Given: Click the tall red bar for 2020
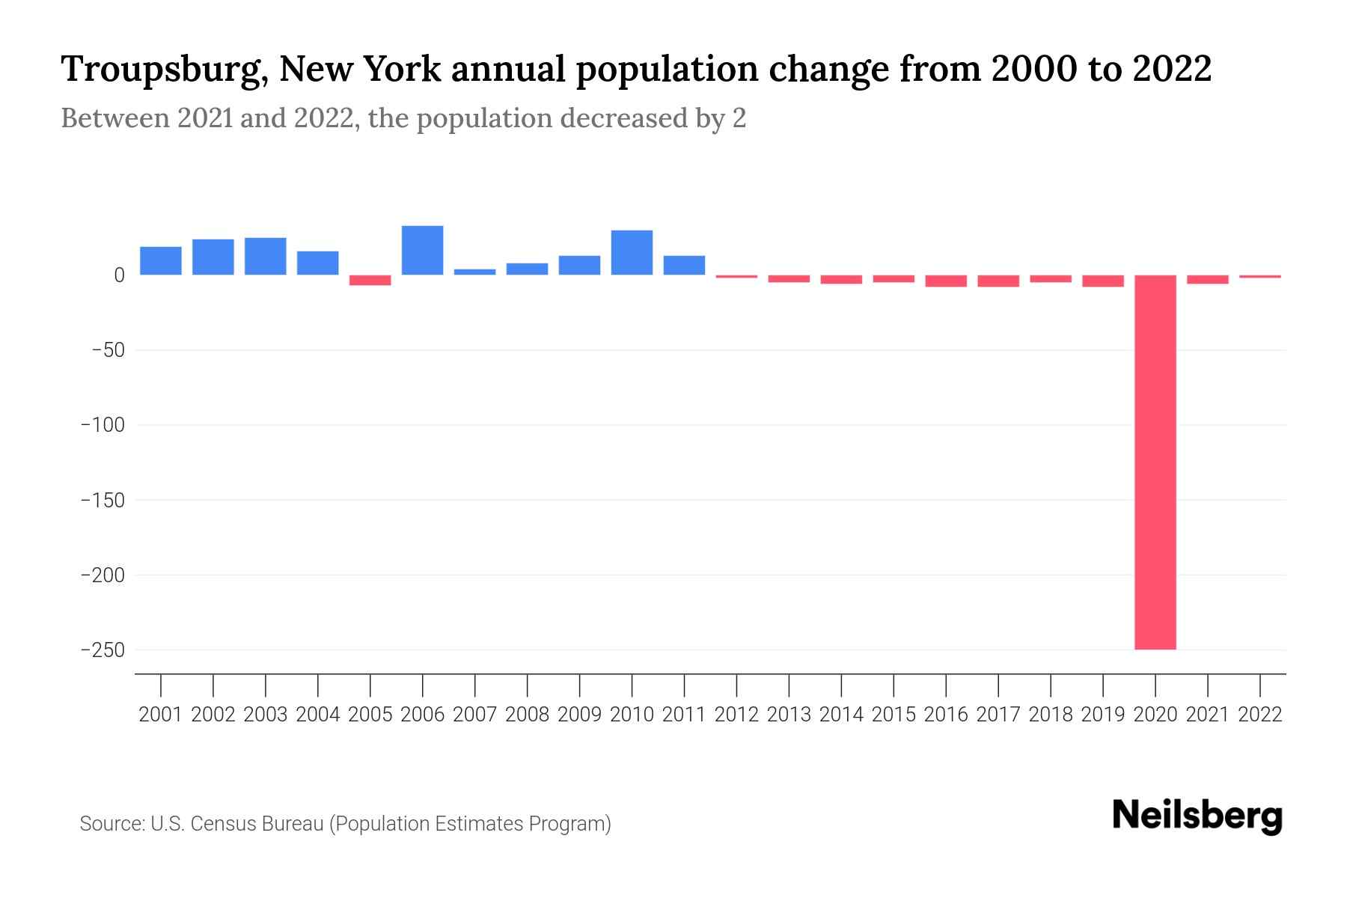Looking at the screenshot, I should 1155,462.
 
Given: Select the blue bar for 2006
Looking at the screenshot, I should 422,250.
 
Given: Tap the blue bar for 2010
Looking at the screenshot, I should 632,252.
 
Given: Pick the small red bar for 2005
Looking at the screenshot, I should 370,280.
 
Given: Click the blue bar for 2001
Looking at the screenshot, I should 160,260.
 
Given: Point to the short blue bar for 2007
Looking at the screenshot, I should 474,272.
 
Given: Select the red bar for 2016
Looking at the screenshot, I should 945,281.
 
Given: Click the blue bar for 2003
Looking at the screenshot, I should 265,256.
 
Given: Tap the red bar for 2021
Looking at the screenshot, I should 1207,279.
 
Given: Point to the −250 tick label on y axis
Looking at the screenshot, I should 103,650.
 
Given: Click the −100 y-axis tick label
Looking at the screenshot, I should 103,425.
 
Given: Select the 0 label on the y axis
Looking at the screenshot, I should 119,275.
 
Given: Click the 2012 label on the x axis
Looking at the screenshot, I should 736,715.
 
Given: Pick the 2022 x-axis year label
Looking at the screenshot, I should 1260,715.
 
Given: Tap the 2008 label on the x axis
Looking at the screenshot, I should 527,715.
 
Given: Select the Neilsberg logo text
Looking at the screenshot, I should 1197,816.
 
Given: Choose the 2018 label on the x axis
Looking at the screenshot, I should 1051,715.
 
